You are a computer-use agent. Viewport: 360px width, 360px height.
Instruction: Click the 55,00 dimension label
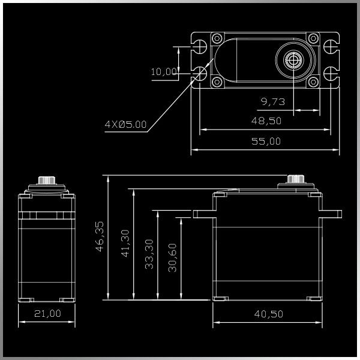pyautogui.click(x=266, y=141)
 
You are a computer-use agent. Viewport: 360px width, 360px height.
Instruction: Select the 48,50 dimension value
pyautogui.click(x=266, y=121)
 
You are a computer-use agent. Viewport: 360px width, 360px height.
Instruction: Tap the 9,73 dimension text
pyautogui.click(x=273, y=101)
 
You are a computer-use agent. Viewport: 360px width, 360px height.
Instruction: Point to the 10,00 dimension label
pyautogui.click(x=164, y=72)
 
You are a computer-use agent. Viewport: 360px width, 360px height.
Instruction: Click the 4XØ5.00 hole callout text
pyautogui.click(x=125, y=124)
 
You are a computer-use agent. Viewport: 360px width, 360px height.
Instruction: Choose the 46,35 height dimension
pyautogui.click(x=100, y=236)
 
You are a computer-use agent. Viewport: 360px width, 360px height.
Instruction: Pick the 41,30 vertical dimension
pyautogui.click(x=125, y=244)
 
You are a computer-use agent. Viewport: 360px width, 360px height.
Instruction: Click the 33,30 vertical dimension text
pyautogui.click(x=149, y=254)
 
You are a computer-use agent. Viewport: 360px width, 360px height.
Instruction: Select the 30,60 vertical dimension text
pyautogui.click(x=172, y=258)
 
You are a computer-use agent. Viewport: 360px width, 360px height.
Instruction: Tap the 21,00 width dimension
pyautogui.click(x=47, y=313)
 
